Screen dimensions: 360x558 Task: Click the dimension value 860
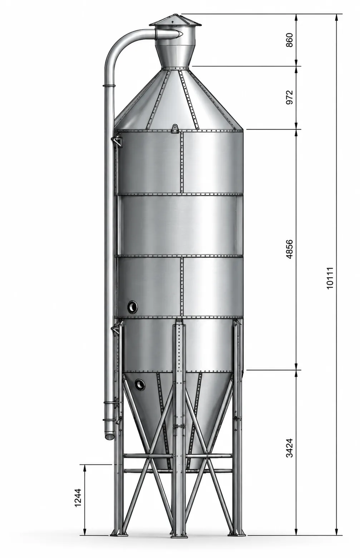[x=290, y=40]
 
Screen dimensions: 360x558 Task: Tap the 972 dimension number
[x=290, y=98]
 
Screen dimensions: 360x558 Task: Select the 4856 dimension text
[x=290, y=249]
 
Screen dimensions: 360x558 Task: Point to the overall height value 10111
[x=330, y=278]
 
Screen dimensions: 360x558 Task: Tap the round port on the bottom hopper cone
[x=140, y=384]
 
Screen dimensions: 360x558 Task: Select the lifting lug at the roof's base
[x=175, y=129]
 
